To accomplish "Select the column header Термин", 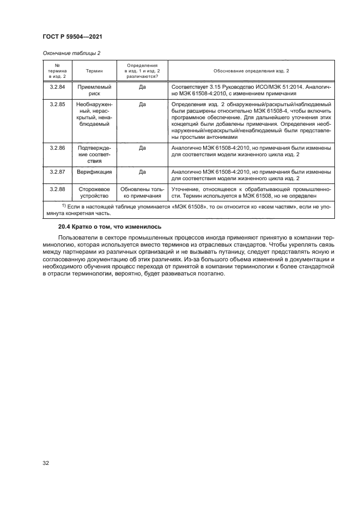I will point(96,71).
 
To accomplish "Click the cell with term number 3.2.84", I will point(57,87).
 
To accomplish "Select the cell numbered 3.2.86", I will point(57,148).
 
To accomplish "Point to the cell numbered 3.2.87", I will point(57,171).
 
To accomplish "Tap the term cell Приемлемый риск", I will point(96,90).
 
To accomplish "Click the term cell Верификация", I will point(96,171).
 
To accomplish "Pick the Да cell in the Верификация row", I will point(142,171).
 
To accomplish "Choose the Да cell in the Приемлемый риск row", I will point(142,87).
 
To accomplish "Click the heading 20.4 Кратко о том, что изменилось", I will point(107,226).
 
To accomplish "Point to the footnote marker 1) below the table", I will point(64,206).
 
